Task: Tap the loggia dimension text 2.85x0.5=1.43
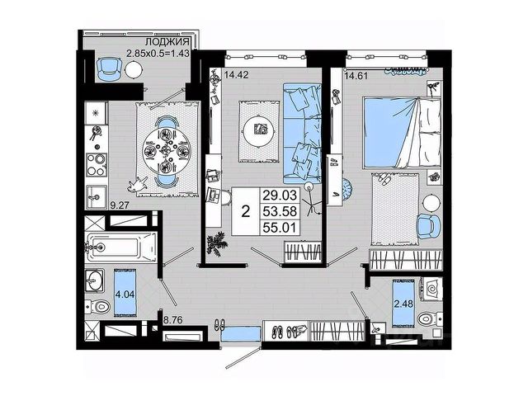click(x=156, y=54)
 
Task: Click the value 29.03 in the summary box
click(x=278, y=196)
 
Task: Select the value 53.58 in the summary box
click(x=278, y=210)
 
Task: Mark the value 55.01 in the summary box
click(x=278, y=225)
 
